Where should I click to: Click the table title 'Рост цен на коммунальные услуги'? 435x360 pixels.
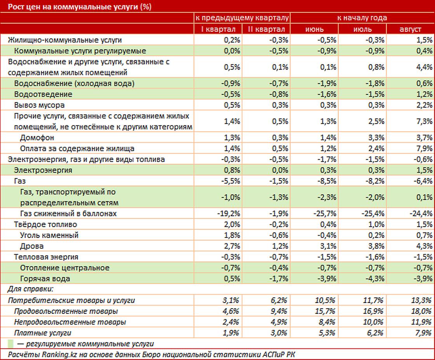point(80,7)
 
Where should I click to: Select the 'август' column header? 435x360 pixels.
point(410,29)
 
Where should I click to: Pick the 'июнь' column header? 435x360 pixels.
point(314,29)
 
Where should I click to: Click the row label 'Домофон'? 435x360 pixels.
point(37,138)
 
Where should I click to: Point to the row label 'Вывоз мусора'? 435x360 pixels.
point(39,105)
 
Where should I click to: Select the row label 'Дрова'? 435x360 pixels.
point(32,246)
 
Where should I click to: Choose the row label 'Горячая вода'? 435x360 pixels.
point(45,279)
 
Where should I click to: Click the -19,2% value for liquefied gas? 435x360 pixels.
point(229,213)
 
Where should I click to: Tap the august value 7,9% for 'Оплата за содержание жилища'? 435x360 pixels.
point(424,149)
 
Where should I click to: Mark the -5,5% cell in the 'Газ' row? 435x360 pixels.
point(231,181)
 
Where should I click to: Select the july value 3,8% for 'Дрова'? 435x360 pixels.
point(376,246)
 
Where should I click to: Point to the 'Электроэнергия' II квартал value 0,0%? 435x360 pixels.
point(280,170)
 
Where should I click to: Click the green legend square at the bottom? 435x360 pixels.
point(11,344)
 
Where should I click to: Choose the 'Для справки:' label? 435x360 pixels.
point(30,289)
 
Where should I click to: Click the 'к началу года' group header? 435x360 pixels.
point(362,18)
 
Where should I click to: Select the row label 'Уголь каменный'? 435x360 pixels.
point(49,235)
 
